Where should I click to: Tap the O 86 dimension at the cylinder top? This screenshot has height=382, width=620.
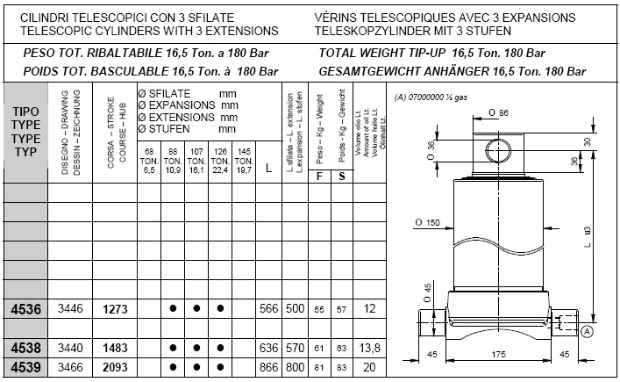click(496, 113)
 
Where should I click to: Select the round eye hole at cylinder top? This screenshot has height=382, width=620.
click(500, 150)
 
